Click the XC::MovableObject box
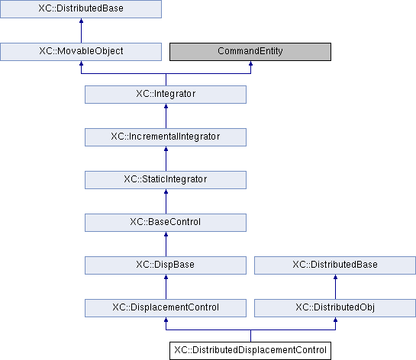point(81,52)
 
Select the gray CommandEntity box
point(250,52)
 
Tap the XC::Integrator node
point(166,95)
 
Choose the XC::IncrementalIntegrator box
point(166,137)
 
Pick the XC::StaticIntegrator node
point(166,180)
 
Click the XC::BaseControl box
point(166,223)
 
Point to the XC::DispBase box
point(166,265)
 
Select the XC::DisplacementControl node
point(166,308)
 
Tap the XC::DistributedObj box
point(335,308)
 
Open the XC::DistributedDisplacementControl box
point(250,350)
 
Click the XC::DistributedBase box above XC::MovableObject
point(81,9)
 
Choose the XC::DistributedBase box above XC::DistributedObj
point(335,265)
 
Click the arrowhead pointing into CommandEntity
point(250,63)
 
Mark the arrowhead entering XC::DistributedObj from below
point(335,319)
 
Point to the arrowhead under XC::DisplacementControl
point(166,319)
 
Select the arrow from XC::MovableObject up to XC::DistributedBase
point(81,31)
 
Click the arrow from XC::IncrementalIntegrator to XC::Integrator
point(166,116)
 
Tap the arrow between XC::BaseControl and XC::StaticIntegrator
point(166,201)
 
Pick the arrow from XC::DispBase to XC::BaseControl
point(166,244)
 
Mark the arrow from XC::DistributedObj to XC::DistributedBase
point(335,287)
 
